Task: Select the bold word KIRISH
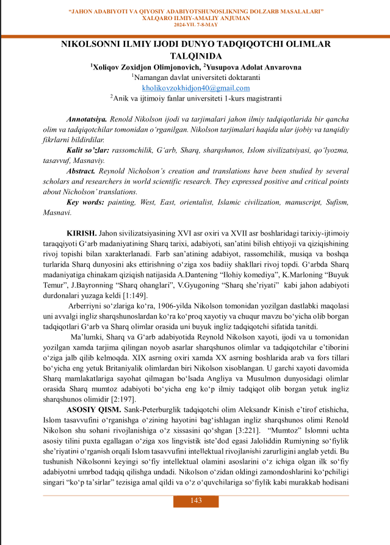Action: (x=81, y=234)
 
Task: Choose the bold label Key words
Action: (x=85, y=202)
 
